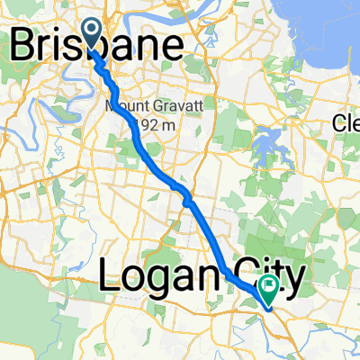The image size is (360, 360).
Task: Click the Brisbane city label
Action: coord(98,44)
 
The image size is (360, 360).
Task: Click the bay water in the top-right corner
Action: coord(328,22)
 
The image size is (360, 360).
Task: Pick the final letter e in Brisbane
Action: coord(172,46)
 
